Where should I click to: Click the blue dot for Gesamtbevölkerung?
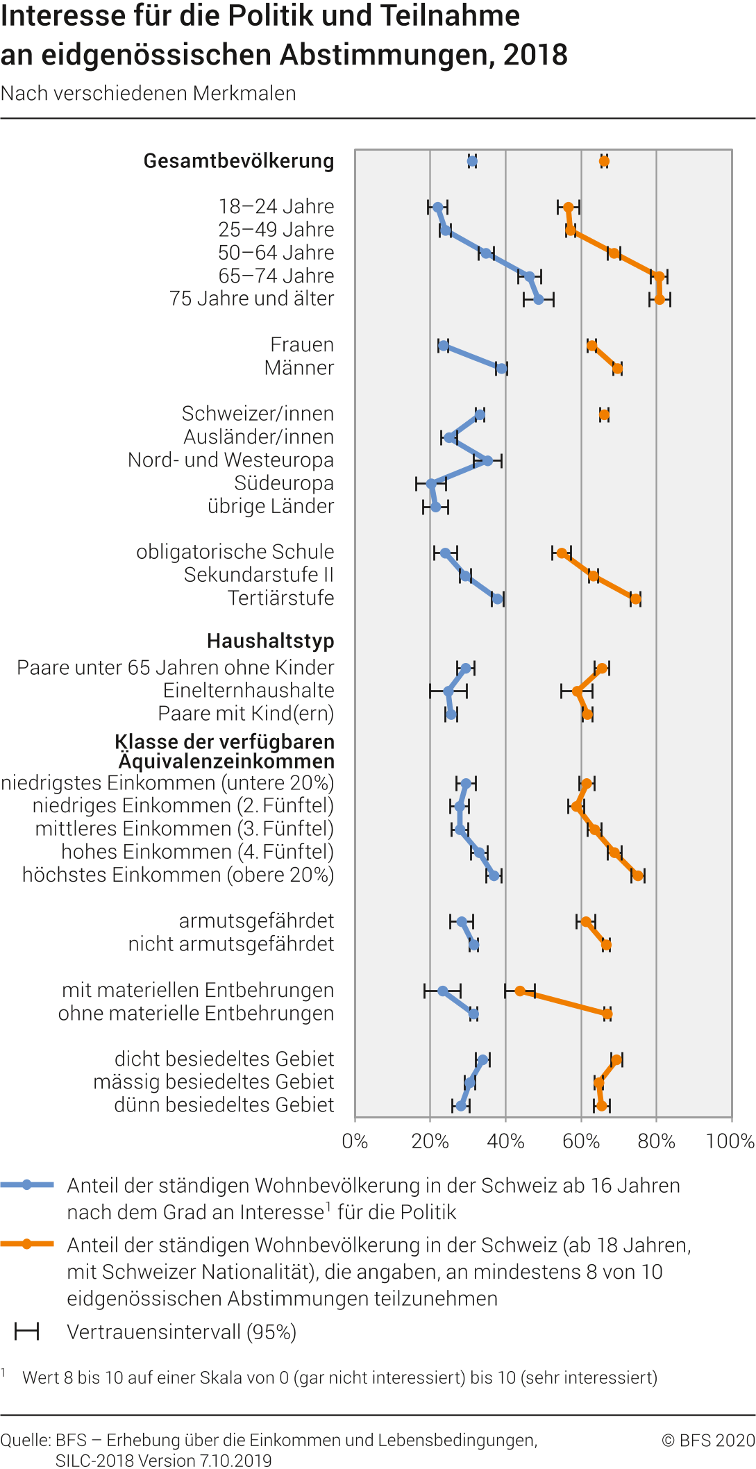coord(472,162)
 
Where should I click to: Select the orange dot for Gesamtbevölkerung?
coord(604,162)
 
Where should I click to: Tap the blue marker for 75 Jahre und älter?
coord(539,299)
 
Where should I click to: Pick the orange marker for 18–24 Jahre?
coord(569,208)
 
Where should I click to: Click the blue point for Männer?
coord(501,369)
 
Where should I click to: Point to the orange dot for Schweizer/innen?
coord(604,415)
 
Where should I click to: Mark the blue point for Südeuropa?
coord(431,484)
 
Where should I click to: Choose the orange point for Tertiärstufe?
coord(635,599)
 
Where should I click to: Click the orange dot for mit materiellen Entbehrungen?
coord(520,991)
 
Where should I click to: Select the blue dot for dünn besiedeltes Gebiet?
coord(461,1105)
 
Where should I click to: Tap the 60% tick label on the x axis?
coord(581,1141)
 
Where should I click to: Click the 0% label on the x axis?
coord(355,1141)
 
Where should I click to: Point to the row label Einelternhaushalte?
coord(249,691)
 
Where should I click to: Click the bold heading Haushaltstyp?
coord(270,641)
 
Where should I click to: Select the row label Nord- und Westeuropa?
coord(230,460)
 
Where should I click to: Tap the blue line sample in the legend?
coord(27,1185)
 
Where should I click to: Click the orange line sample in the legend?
coord(27,1244)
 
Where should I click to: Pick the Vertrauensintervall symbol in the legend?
coord(27,1332)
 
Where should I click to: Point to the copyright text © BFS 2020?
coord(707,1441)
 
